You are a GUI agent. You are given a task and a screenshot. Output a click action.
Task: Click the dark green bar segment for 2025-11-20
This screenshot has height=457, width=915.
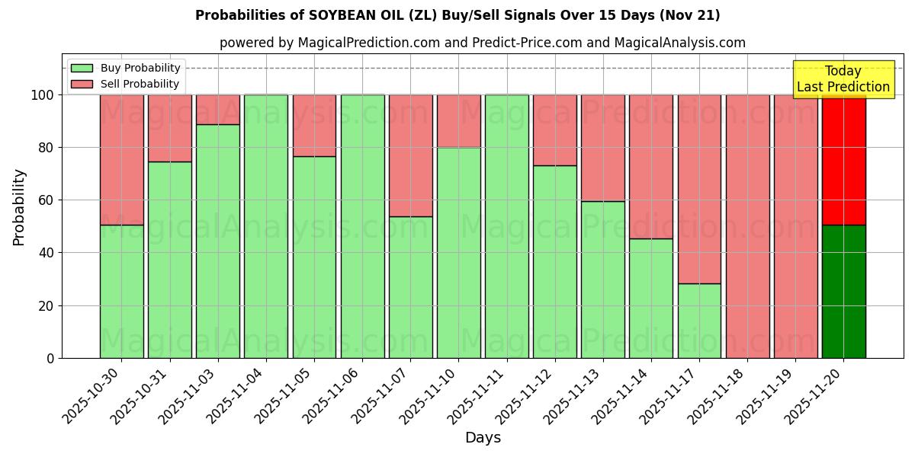coord(843,291)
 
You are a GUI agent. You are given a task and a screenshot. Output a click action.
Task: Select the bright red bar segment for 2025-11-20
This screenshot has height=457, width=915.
coord(843,160)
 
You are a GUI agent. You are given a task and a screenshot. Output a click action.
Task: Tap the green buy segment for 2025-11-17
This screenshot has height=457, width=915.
coord(699,320)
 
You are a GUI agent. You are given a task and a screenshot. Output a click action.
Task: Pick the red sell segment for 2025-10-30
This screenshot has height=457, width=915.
coord(121,159)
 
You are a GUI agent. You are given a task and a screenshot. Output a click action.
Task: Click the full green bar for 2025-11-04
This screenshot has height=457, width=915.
coord(265,226)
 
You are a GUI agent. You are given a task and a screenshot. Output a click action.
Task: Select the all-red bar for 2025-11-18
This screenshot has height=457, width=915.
coord(747,226)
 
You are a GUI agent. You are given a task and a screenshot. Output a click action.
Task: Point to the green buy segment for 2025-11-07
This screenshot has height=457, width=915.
coord(410,287)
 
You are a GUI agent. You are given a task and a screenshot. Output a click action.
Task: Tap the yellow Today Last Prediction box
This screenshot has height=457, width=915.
coord(843,79)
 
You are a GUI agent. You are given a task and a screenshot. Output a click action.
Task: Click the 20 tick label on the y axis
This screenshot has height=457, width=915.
coord(47,305)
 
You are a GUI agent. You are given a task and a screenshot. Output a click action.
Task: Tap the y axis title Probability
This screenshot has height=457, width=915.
coord(19,207)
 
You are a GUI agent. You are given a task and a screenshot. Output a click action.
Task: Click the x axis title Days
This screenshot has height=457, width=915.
coord(483,438)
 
